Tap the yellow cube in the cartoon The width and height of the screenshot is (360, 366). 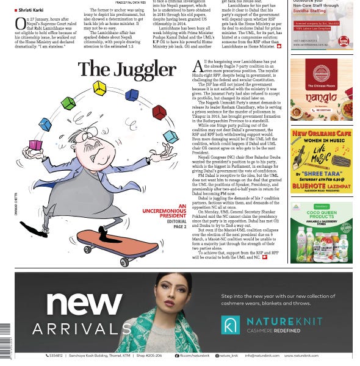[99, 88]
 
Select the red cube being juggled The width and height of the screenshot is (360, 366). [159, 112]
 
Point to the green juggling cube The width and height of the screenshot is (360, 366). [68, 102]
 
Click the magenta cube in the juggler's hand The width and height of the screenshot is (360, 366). [36, 145]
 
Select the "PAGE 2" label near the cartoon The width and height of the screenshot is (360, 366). [180, 227]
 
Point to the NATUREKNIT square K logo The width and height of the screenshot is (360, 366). [230, 325]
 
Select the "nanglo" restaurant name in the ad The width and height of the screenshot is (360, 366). [321, 96]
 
